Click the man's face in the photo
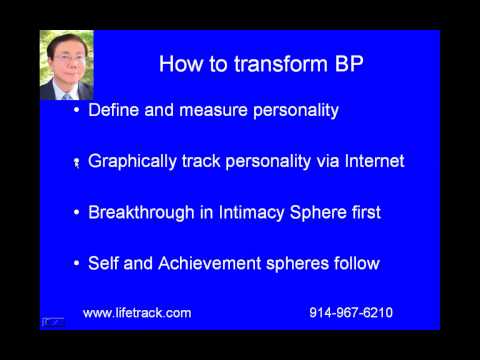[66, 62]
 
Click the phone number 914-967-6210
[351, 313]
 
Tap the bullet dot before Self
[78, 264]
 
